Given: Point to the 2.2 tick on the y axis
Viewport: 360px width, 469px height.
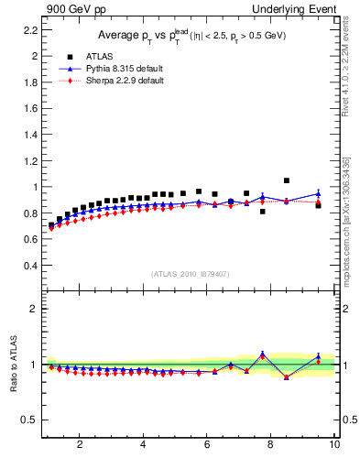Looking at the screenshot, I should coord(29,29).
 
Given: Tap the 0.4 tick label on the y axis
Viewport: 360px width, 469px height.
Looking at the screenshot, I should coord(29,266).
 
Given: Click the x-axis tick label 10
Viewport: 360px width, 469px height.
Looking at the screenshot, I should coord(334,446).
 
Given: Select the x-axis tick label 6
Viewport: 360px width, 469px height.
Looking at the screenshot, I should coord(207,446).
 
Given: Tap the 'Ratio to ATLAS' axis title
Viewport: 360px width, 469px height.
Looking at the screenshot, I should coord(13,364).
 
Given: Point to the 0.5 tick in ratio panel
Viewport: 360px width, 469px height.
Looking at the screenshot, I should coord(29,420).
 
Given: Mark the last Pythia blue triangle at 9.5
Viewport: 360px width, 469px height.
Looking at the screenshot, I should coord(318,193).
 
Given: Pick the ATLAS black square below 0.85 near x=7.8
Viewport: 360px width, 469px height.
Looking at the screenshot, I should coord(263,212).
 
